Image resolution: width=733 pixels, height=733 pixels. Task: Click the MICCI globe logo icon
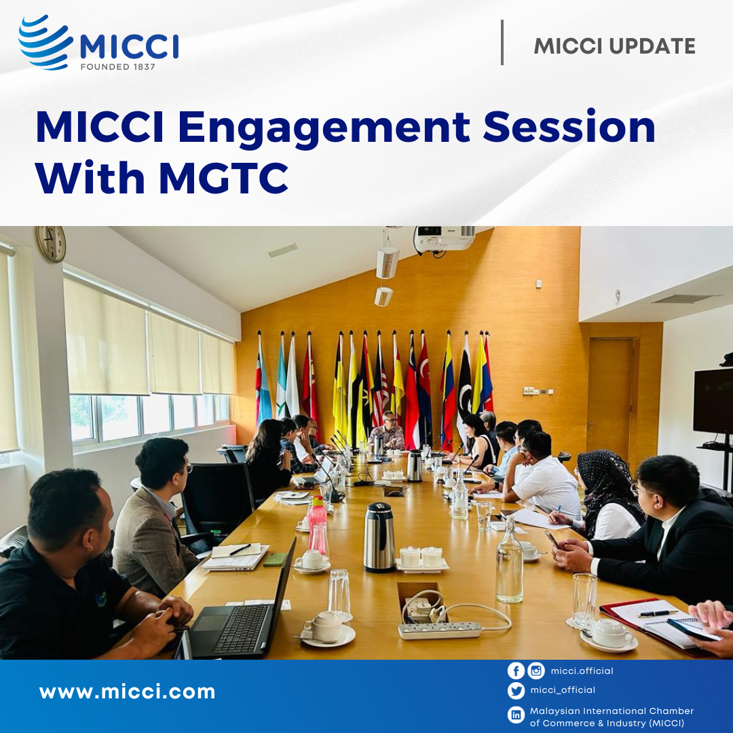coord(45,42)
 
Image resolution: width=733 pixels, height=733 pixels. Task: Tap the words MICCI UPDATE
coord(614,46)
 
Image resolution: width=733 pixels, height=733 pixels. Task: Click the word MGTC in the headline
coord(223,178)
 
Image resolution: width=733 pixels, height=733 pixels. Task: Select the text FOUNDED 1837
coord(117,67)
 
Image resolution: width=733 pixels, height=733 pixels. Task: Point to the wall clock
coord(52,244)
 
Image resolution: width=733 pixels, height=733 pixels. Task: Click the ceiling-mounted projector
coord(444,238)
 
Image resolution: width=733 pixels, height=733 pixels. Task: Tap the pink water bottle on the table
coord(318,523)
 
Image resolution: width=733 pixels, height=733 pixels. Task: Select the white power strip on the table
coord(439,630)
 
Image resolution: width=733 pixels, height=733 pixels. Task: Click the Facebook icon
coord(516,671)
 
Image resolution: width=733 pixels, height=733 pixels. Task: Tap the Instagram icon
coord(536,671)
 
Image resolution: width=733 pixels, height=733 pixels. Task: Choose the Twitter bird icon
coord(516,690)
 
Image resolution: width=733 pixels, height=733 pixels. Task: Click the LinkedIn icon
coord(516,715)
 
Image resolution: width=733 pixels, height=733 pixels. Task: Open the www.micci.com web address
coord(127,692)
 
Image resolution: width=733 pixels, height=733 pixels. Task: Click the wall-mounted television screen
coord(713,400)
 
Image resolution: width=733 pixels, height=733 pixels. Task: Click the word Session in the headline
coord(569,127)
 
